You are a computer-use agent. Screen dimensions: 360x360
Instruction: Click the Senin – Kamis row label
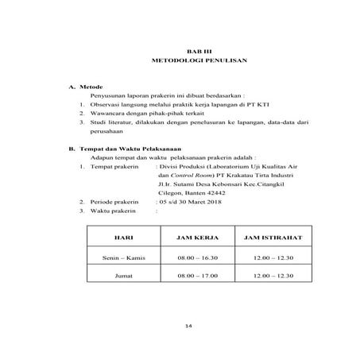point(123,258)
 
